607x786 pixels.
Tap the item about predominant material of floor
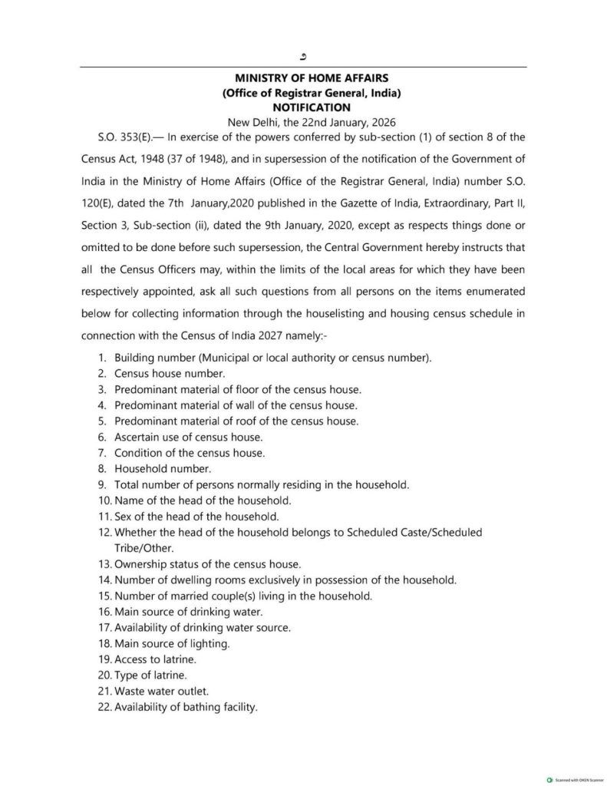[237, 389]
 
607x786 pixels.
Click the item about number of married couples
[243, 596]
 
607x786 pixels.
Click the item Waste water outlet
[161, 691]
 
